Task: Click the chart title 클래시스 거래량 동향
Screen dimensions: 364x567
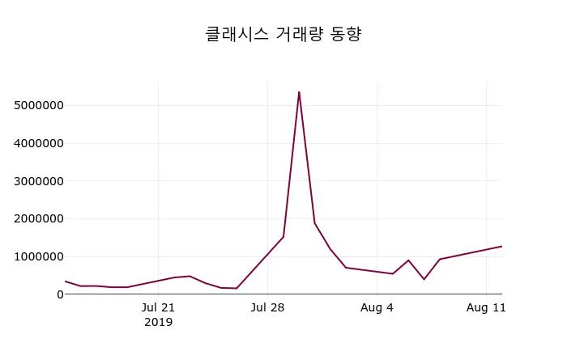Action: [283, 35]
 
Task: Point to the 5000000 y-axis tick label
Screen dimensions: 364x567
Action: [39, 105]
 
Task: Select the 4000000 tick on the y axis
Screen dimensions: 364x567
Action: [39, 143]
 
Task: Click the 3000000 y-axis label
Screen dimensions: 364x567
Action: [39, 181]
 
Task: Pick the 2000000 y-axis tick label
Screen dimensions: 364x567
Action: [39, 218]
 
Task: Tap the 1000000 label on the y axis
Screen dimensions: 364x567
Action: [39, 256]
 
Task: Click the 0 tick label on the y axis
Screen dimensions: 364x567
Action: [59, 294]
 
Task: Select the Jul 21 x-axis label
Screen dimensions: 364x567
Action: [158, 307]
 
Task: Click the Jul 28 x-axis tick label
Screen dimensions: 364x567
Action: [267, 307]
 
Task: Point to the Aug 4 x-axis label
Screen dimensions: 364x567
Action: [377, 307]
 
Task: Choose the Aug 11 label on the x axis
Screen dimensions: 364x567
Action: [486, 307]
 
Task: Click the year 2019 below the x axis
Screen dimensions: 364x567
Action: [158, 322]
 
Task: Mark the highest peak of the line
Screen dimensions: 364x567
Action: [299, 91]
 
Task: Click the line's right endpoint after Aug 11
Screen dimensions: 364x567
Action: [501, 246]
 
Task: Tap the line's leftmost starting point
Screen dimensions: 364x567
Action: [66, 281]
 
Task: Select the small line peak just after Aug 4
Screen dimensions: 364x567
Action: [408, 260]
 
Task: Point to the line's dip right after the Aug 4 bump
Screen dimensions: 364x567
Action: [424, 279]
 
